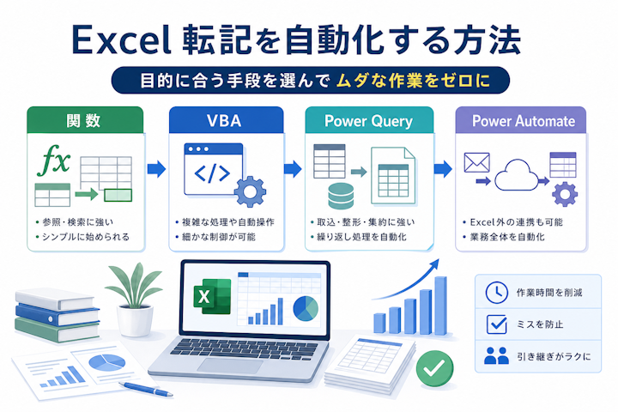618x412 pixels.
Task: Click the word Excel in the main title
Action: tap(122, 39)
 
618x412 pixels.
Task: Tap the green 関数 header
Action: tap(85, 120)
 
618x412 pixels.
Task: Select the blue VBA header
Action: tap(227, 120)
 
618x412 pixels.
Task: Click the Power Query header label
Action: tap(368, 121)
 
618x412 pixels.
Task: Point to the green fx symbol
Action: tap(54, 160)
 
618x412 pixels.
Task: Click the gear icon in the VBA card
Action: tap(250, 191)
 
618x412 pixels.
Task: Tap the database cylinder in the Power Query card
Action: tap(341, 196)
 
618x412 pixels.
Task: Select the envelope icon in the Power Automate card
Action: tap(477, 162)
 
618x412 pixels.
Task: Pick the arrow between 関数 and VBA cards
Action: tap(156, 169)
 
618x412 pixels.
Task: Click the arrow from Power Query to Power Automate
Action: tap(443, 169)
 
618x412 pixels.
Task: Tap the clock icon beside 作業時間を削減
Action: tap(497, 293)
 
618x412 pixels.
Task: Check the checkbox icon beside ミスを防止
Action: tap(497, 324)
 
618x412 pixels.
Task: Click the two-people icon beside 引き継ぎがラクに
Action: tap(496, 355)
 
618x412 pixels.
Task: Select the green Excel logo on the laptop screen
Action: tap(212, 296)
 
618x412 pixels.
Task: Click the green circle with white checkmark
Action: tap(434, 368)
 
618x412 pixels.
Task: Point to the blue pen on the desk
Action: tap(146, 389)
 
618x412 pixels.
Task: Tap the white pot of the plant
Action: tap(136, 320)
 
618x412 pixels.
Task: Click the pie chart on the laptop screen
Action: tap(306, 308)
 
